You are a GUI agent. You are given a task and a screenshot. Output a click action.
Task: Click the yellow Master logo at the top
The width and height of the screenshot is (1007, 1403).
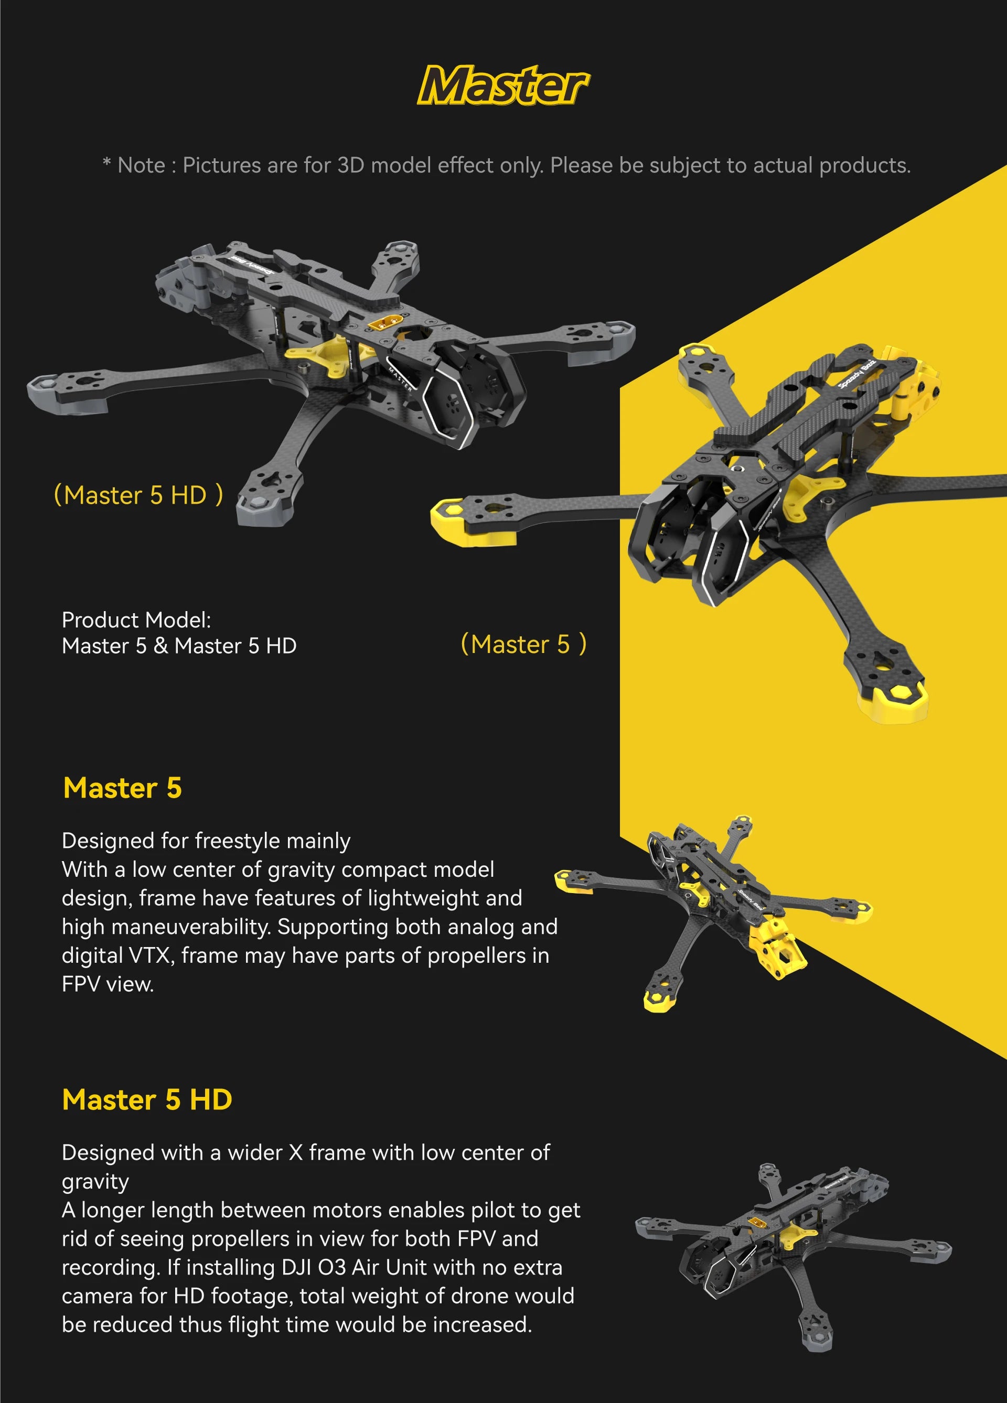502,85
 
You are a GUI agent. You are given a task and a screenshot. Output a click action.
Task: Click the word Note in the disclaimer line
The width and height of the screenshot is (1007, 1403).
141,166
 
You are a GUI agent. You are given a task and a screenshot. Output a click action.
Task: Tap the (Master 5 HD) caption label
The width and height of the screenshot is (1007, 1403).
138,495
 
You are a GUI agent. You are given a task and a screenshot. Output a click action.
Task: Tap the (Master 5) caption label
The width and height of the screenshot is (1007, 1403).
523,645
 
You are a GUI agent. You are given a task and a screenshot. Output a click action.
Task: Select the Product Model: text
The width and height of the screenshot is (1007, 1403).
136,620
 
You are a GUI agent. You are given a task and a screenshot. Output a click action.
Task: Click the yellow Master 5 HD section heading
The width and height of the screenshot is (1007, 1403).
147,1100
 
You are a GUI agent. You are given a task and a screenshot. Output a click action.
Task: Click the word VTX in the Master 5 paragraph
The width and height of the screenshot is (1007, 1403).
149,956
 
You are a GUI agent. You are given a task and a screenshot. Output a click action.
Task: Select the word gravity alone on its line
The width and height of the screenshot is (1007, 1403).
95,1181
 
